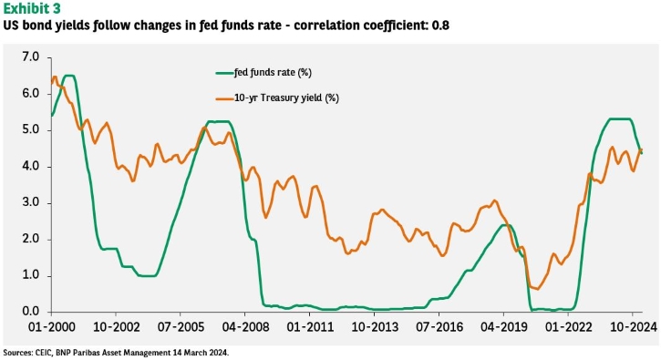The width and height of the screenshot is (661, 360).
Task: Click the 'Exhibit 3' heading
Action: tap(32, 8)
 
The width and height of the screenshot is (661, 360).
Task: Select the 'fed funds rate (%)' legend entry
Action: tap(263, 73)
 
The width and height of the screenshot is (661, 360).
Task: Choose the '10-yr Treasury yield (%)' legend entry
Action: tap(277, 98)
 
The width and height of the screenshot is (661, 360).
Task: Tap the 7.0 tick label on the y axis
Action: tap(30, 57)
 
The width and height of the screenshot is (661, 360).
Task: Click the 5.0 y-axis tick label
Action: tap(30, 129)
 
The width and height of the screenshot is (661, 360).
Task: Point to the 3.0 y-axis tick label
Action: tap(30, 202)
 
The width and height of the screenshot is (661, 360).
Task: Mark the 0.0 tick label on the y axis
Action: tap(30, 312)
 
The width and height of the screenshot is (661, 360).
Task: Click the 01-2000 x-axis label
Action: tap(51, 326)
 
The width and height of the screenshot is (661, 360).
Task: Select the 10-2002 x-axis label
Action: tap(116, 326)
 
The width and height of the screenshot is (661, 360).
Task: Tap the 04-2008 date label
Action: tap(245, 326)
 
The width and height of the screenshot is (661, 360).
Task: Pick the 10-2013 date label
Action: tap(375, 326)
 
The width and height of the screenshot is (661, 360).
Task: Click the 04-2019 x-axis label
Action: tap(503, 326)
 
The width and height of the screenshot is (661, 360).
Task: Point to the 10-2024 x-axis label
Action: tap(633, 326)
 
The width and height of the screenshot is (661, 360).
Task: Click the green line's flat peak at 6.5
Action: tap(69, 76)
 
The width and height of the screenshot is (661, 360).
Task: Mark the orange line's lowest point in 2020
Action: tap(537, 289)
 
